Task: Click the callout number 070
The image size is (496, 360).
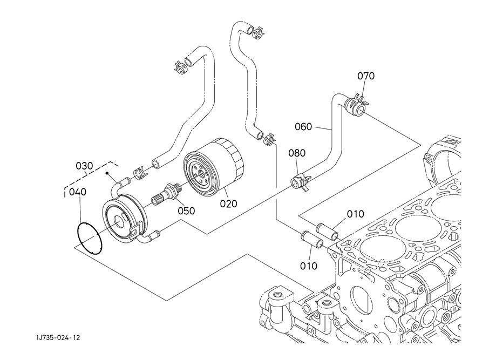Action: tap(366, 76)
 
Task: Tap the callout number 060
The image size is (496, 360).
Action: tap(303, 127)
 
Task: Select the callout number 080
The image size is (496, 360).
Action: tap(297, 153)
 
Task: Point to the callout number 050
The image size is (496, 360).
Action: tap(186, 210)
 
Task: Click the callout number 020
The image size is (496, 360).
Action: tap(229, 203)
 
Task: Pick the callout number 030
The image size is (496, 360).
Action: tap(84, 166)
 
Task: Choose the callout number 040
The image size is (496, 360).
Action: tap(78, 192)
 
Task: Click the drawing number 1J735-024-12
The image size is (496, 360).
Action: tap(58, 338)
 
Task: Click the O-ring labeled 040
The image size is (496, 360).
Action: tap(90, 239)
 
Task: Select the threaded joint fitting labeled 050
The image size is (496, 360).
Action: tap(167, 194)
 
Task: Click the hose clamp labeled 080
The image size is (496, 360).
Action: tap(299, 182)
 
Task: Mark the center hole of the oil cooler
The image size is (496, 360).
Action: tap(119, 221)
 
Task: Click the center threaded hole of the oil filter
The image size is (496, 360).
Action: tap(200, 174)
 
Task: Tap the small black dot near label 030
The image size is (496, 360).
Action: tap(107, 173)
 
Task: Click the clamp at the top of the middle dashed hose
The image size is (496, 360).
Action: tap(259, 32)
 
